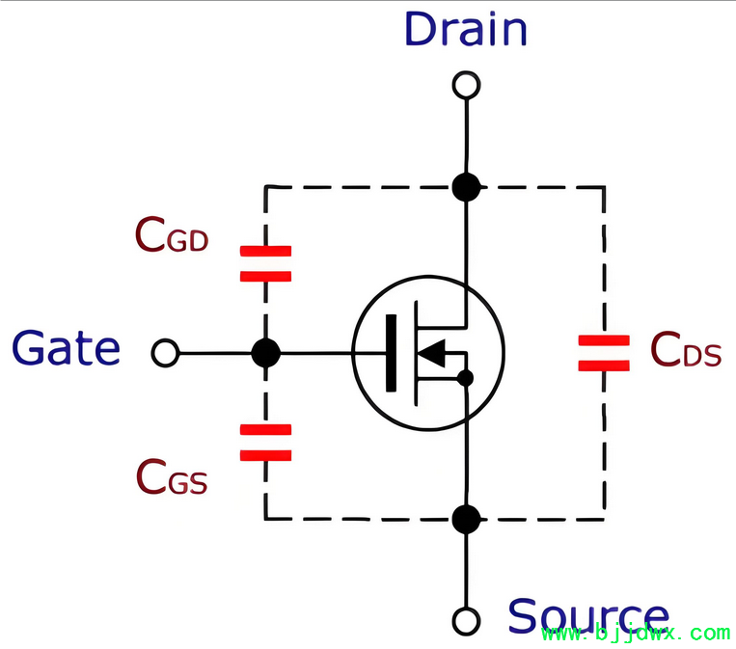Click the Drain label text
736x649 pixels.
coord(466,29)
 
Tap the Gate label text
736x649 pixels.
coord(67,348)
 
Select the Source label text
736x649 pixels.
coord(588,615)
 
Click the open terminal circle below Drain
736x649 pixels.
coord(466,86)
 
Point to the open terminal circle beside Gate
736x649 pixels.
coord(165,353)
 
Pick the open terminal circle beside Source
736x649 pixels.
coord(466,621)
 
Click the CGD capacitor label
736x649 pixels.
coord(172,234)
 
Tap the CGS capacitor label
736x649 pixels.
coord(172,476)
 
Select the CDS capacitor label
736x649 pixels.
coord(686,349)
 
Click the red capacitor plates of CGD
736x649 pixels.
coord(265,263)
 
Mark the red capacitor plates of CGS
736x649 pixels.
coord(265,443)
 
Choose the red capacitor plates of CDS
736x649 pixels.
coord(604,353)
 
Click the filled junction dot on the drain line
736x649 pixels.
coord(466,187)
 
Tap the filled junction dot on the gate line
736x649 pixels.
coord(265,353)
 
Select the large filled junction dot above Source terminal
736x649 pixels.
coord(466,520)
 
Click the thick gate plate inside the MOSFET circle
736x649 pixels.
coord(391,353)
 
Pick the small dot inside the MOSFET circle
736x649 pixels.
coord(465,378)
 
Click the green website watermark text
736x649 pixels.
coord(636,634)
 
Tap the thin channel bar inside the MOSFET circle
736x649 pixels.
coord(416,353)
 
